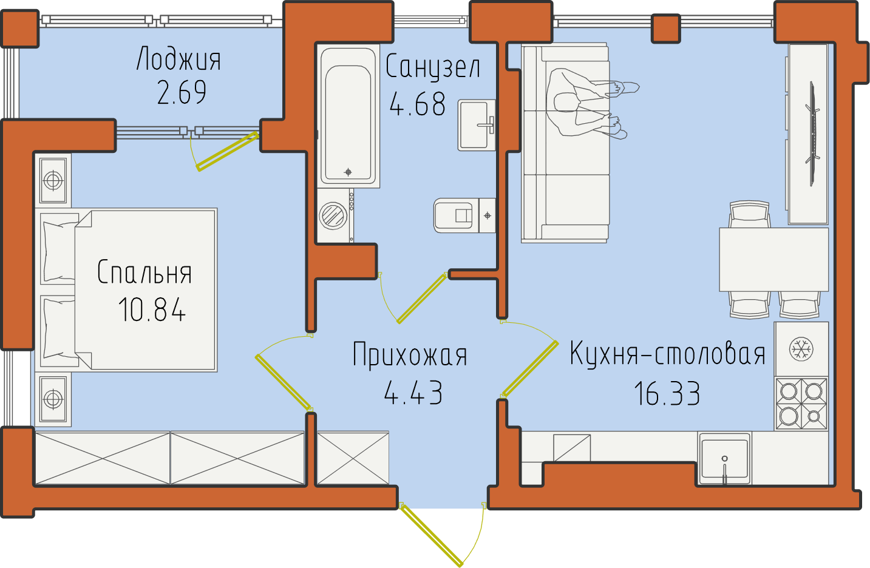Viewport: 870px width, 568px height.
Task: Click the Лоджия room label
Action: pyautogui.click(x=178, y=59)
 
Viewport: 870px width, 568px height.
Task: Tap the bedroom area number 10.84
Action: pyautogui.click(x=152, y=309)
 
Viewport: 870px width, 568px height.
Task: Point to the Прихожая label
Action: pyautogui.click(x=410, y=354)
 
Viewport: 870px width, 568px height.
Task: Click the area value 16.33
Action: pyautogui.click(x=667, y=393)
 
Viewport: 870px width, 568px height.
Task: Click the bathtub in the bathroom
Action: pyautogui.click(x=348, y=116)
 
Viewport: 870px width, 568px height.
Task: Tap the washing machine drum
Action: pyautogui.click(x=333, y=215)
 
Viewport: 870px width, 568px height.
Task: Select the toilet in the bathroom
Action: pyautogui.click(x=464, y=215)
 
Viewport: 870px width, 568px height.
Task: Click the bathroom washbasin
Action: pyautogui.click(x=477, y=125)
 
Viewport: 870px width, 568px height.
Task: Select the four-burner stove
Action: pyautogui.click(x=801, y=404)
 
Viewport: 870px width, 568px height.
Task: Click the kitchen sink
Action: pyautogui.click(x=725, y=459)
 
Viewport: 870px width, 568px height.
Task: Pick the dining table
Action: pyautogui.click(x=773, y=259)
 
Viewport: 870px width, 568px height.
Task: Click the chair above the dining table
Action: pyautogui.click(x=750, y=214)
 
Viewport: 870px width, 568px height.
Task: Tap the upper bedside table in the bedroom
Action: pyautogui.click(x=53, y=180)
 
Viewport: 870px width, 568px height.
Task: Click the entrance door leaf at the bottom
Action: pyautogui.click(x=432, y=535)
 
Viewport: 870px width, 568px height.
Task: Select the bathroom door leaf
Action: pyautogui.click(x=422, y=298)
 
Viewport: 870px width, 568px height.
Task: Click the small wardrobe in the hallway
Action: pyautogui.click(x=353, y=458)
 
